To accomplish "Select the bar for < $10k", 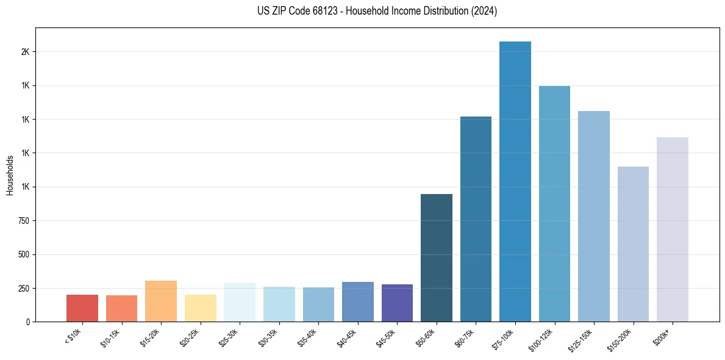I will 82,308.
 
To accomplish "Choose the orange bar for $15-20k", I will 161,301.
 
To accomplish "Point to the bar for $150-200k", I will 633,244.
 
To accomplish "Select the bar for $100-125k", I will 554,204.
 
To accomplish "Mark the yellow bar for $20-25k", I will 201,308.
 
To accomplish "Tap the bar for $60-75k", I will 476,219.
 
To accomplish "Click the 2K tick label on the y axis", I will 25,52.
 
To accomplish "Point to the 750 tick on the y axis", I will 24,221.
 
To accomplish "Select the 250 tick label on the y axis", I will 24,288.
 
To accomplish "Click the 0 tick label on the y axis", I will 28,322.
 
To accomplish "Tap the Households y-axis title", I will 10,175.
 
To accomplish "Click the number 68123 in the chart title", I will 327,11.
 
